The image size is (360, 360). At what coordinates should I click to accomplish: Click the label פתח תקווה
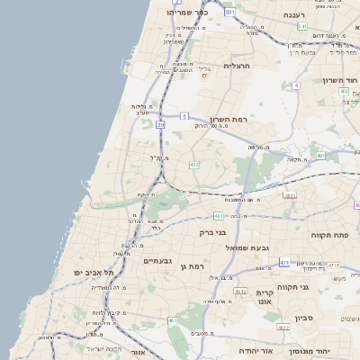[328, 236]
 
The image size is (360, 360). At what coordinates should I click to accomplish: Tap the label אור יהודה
[256, 350]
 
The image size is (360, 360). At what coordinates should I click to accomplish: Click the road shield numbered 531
[230, 12]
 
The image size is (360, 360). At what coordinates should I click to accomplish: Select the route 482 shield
[193, 165]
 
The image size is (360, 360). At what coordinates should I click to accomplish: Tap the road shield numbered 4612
[239, 292]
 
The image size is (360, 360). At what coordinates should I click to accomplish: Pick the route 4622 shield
[283, 328]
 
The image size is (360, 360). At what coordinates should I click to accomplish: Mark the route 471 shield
[284, 262]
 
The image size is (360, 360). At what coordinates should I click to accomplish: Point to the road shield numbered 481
[219, 216]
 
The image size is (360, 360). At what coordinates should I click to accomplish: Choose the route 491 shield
[320, 156]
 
